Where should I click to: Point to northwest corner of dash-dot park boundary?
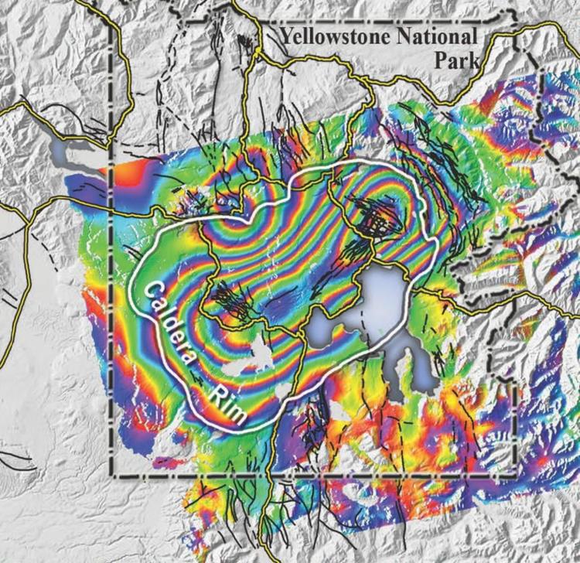[x=110, y=22]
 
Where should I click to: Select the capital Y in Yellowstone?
[x=288, y=36]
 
